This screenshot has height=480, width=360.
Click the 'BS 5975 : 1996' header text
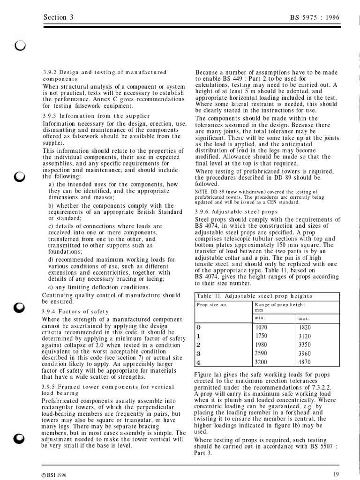click(315, 18)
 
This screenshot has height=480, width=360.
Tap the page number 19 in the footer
click(336, 474)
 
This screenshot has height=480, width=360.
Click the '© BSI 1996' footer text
click(54, 475)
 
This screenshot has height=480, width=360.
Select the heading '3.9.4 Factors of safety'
click(75, 311)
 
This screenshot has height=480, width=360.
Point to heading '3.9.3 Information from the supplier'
click(96, 116)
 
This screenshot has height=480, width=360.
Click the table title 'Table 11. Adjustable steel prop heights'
click(255, 296)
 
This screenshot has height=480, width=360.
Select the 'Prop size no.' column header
click(212, 305)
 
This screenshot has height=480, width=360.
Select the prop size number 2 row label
click(198, 345)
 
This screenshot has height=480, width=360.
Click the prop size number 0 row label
click(198, 327)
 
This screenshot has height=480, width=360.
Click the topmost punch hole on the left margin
click(20, 45)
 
